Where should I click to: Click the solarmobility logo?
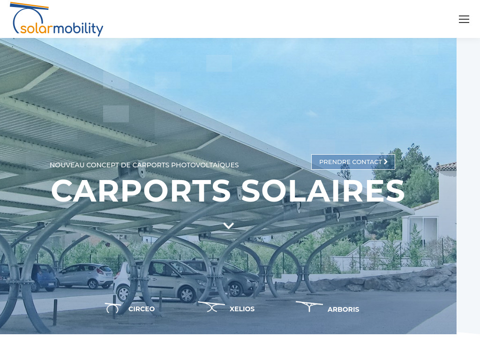point(56,20)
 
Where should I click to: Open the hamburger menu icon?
point(464,19)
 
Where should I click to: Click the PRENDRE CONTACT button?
point(352,162)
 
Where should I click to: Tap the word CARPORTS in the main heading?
point(141,191)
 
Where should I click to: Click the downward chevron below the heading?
point(228,226)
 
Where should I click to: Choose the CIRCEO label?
point(142,309)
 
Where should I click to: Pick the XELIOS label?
point(242,309)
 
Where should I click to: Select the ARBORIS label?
point(343,309)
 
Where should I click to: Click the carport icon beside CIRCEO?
point(112,308)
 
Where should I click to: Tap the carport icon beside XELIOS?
point(211,307)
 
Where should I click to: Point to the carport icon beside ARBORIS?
point(309,307)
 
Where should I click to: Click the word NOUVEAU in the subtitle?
point(67,165)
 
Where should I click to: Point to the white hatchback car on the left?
point(85,275)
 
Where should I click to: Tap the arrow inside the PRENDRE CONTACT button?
point(386,162)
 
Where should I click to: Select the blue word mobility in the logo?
point(78,29)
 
